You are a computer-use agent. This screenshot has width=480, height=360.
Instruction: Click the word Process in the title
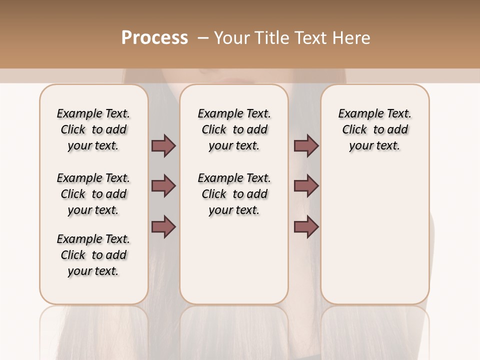coord(154,38)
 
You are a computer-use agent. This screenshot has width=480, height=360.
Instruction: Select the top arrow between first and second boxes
coord(163,145)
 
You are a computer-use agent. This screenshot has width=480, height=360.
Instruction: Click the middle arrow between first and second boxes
coord(163,186)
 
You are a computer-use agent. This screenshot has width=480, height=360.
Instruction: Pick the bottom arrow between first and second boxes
coord(163,226)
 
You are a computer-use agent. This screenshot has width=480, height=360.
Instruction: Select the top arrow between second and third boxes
coord(306,145)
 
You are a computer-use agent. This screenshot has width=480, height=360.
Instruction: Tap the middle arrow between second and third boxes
coord(306,186)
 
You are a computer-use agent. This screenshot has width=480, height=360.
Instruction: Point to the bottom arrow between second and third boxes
coord(306,226)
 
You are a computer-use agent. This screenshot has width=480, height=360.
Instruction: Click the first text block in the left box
coord(93,129)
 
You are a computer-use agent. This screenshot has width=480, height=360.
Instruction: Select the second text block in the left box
coord(93,194)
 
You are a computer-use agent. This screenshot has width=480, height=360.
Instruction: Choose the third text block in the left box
coord(93,255)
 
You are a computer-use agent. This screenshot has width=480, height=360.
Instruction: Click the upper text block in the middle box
coord(234,129)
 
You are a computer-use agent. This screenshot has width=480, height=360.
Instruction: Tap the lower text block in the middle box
coord(234,194)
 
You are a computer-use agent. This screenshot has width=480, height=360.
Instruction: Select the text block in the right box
coord(374,129)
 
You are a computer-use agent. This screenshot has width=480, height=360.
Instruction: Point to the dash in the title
coord(203,38)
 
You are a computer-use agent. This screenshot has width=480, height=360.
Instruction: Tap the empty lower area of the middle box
coord(234,260)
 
